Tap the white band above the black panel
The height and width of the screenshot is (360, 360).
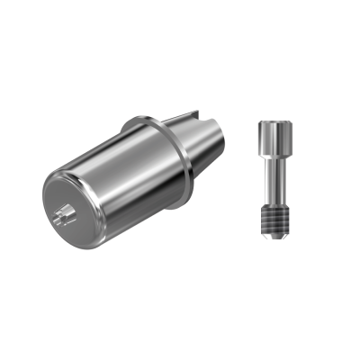pyautogui.click(x=180, y=36)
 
